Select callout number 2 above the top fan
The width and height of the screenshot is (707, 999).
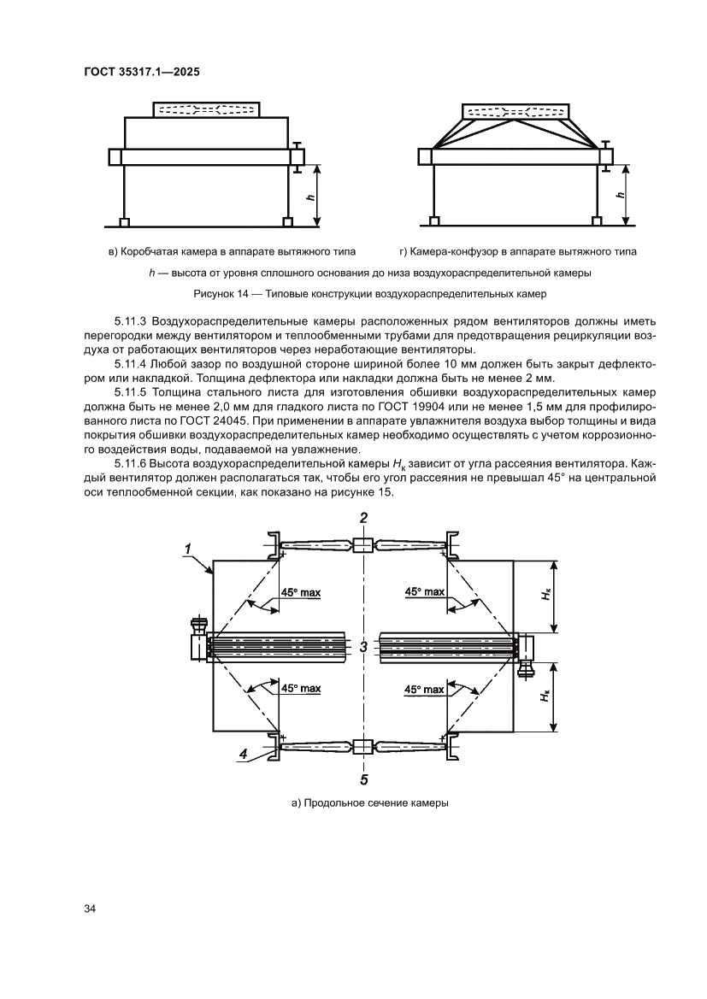[363, 518]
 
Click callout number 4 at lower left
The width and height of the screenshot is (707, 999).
[244, 753]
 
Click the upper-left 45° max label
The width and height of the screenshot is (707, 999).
[300, 591]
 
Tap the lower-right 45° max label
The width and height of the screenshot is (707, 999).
[425, 689]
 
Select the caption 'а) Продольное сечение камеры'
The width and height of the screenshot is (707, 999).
[363, 802]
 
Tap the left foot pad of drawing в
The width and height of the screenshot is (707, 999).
[125, 222]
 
